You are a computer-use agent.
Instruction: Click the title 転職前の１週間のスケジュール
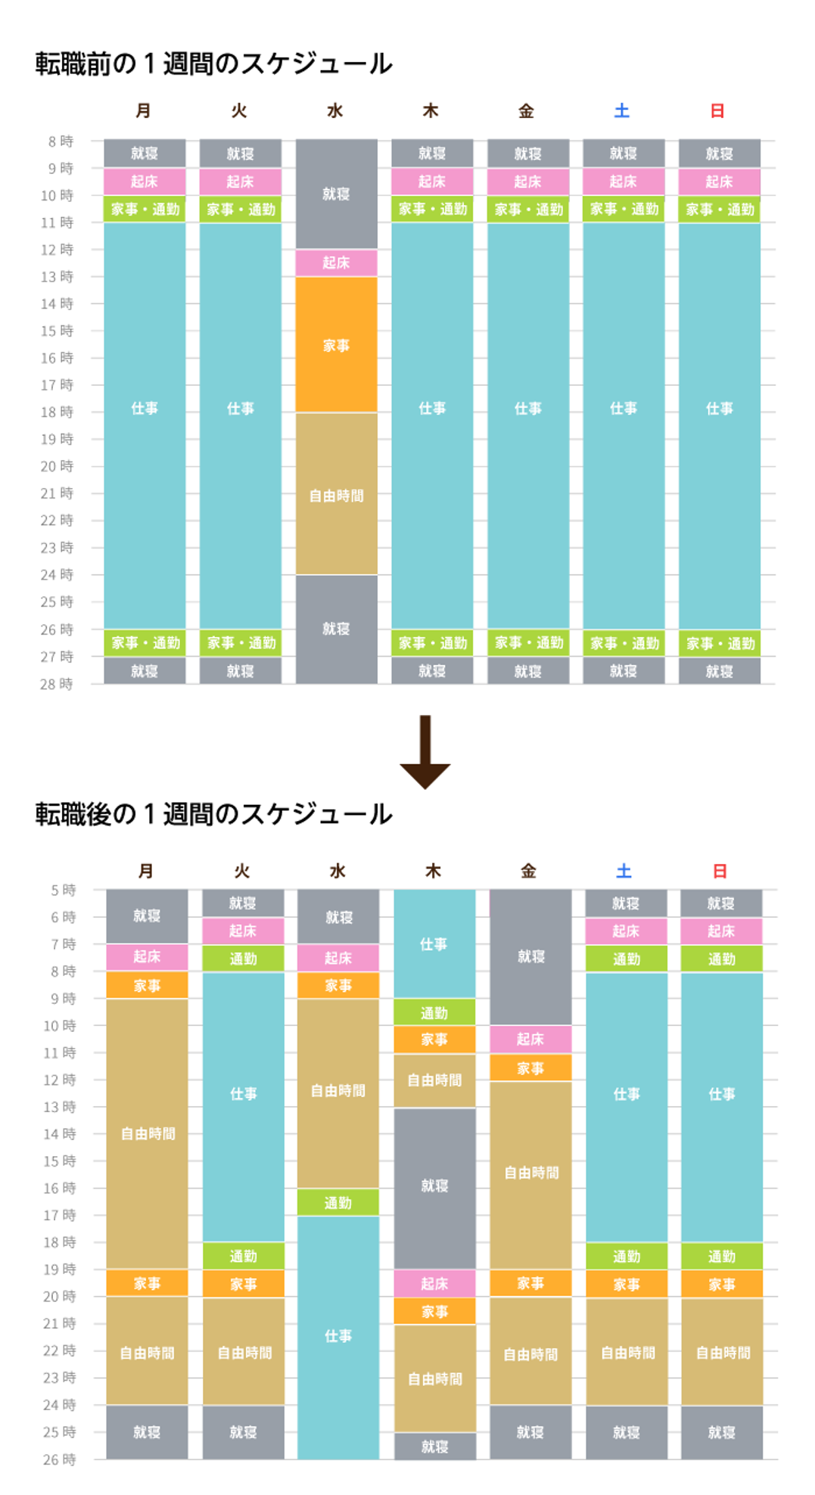point(213,64)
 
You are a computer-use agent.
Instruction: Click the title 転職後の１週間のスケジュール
point(213,815)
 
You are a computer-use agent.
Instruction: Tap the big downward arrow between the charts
point(425,752)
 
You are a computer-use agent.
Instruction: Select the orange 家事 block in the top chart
point(336,345)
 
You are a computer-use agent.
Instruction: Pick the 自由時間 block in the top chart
point(336,495)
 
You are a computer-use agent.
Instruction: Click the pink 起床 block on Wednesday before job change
point(336,263)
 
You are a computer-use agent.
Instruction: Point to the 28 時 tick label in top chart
point(57,684)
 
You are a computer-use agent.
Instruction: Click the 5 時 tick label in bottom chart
point(64,890)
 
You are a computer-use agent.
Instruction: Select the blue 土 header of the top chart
point(622,111)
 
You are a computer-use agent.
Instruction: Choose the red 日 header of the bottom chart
point(720,871)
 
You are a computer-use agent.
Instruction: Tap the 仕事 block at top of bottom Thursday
point(434,943)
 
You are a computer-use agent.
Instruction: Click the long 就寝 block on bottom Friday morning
point(530,956)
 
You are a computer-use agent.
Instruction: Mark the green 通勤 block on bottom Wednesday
point(338,1202)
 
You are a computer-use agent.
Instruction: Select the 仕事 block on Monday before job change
point(145,409)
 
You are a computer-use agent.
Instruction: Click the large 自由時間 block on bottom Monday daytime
point(148,1133)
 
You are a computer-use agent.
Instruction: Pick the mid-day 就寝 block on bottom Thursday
point(434,1186)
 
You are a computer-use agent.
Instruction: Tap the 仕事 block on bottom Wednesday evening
point(338,1336)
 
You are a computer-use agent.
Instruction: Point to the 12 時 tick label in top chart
point(57,250)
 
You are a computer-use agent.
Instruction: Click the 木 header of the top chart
point(431,111)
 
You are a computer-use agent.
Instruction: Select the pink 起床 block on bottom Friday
point(530,1039)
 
